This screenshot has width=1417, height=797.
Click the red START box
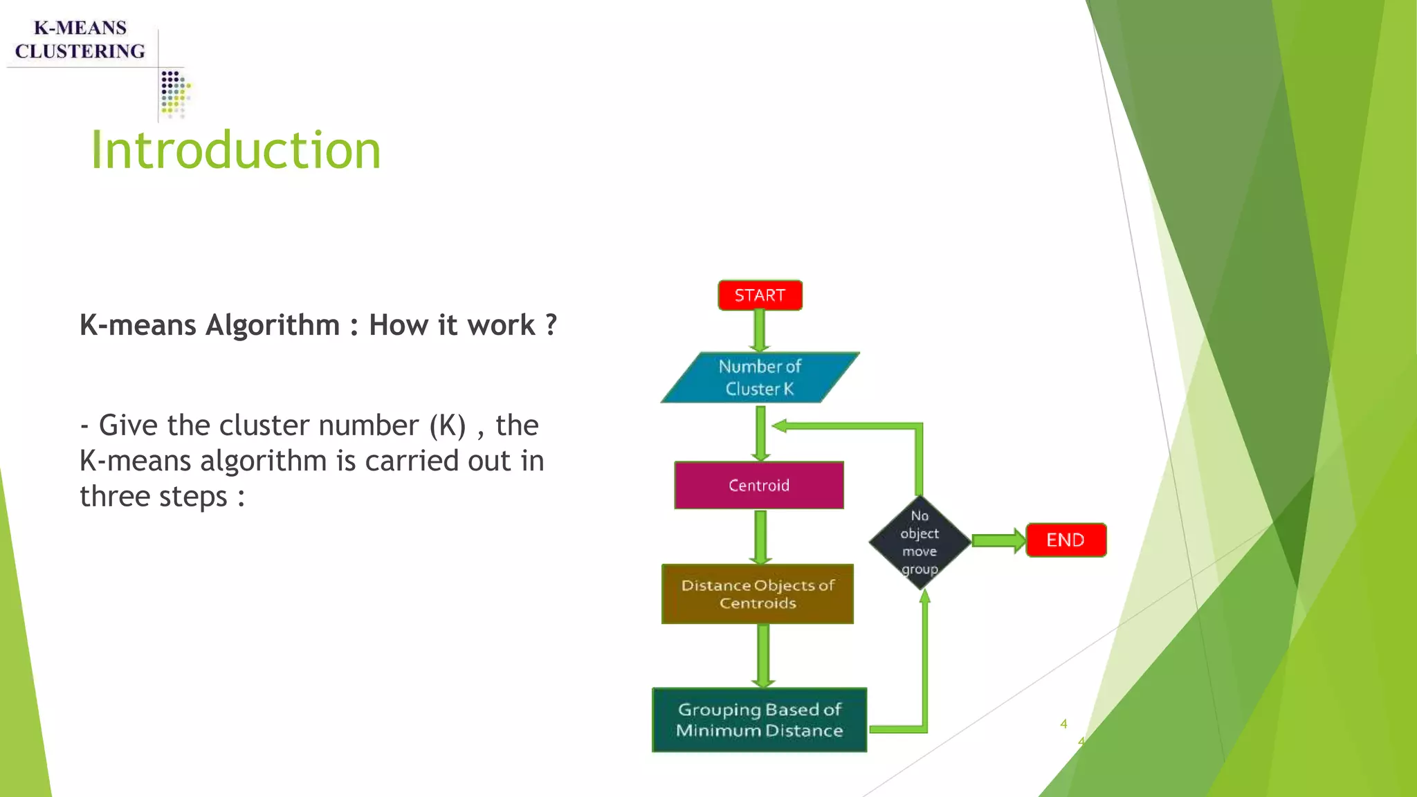click(x=760, y=295)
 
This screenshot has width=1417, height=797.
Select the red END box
click(x=1066, y=540)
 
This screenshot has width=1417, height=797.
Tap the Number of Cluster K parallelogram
click(x=760, y=378)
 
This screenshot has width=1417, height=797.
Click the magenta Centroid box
click(x=759, y=485)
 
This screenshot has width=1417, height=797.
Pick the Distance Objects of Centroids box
click(x=758, y=594)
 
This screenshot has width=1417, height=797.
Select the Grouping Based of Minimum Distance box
click(x=759, y=720)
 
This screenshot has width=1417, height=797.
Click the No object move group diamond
click(x=920, y=542)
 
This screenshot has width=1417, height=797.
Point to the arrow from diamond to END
click(x=998, y=540)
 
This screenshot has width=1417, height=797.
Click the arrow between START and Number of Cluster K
click(x=760, y=331)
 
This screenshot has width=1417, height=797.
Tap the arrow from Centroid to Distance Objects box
click(x=760, y=537)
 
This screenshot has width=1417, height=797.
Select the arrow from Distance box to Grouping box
click(x=763, y=655)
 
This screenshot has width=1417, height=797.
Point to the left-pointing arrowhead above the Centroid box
click(x=780, y=426)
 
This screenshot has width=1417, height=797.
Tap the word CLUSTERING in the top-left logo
click(x=80, y=51)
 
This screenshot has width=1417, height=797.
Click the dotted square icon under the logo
click(x=174, y=93)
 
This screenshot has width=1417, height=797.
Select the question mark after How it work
click(x=551, y=324)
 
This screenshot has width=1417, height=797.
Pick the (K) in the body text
click(x=447, y=425)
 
